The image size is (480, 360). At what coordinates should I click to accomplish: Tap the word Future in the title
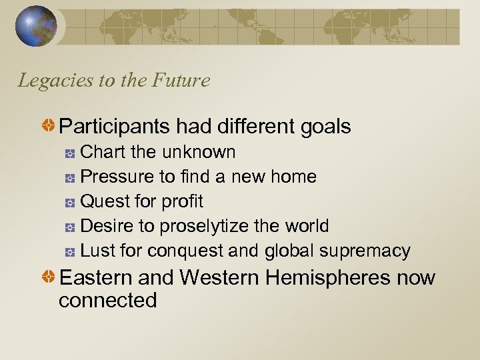181,81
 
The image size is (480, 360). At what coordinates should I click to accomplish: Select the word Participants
114,125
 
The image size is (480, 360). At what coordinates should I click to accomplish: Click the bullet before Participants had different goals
48,126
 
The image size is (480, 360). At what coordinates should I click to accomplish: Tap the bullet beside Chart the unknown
70,153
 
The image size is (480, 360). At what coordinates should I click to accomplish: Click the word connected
107,300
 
